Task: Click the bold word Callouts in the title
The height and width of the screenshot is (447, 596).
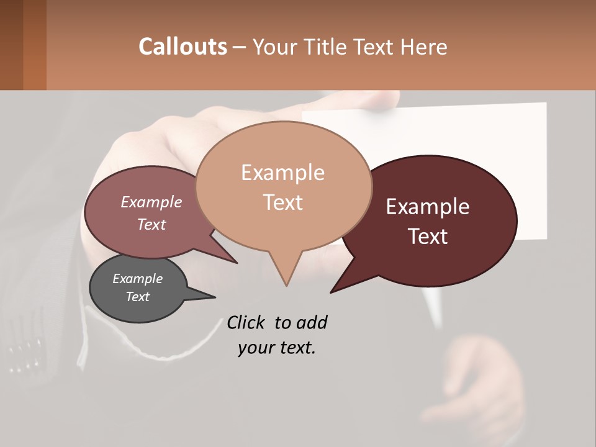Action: pos(183,47)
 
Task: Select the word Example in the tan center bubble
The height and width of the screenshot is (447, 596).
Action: pos(282,173)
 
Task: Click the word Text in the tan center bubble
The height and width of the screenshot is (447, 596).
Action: pos(282,202)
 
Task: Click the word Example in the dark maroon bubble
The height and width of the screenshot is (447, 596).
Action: pos(428,207)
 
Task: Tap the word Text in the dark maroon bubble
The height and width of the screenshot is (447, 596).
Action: pos(428,237)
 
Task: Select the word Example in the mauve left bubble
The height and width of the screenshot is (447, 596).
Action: pos(151,202)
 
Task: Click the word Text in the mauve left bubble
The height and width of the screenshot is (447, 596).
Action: pos(151,224)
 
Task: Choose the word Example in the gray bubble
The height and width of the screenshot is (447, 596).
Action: pos(138,279)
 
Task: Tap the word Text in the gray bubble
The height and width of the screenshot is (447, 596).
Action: pos(138,297)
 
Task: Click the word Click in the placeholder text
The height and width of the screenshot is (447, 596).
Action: pos(246,322)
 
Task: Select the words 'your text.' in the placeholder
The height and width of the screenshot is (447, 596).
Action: pos(277,348)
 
